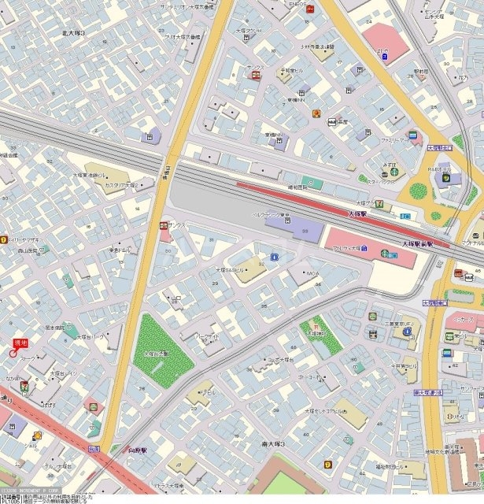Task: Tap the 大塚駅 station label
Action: [357, 213]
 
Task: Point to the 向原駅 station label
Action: [139, 450]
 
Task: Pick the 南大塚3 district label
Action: [273, 445]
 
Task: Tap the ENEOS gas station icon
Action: [312, 9]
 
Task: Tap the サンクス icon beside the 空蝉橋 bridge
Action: [164, 225]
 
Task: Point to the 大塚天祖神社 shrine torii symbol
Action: [316, 323]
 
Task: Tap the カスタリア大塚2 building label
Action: [122, 184]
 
